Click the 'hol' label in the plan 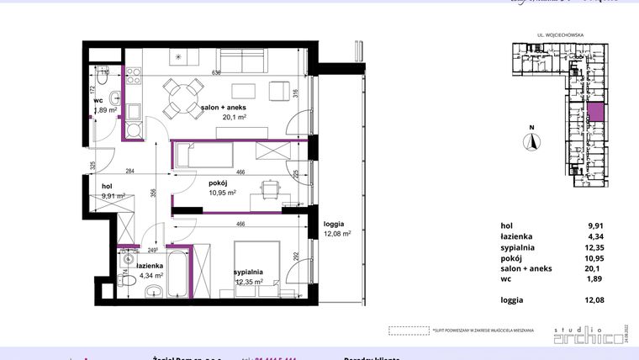107,187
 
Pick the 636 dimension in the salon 216,72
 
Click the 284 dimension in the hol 130,172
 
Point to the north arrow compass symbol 530,140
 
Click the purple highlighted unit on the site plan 594,113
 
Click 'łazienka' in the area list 516,237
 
